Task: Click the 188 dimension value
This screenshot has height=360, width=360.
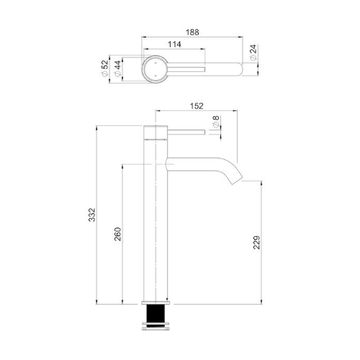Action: click(192, 32)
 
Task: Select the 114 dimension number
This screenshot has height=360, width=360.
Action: click(174, 45)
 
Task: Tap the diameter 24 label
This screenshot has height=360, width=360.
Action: click(253, 52)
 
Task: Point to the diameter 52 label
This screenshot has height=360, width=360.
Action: click(105, 68)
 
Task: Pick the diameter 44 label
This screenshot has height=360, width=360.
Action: click(118, 68)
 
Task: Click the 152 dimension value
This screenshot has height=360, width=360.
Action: click(197, 106)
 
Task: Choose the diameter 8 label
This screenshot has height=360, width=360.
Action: click(216, 122)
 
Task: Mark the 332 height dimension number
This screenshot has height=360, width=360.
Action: click(92, 215)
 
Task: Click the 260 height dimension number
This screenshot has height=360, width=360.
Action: click(118, 234)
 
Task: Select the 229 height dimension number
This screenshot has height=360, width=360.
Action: click(257, 243)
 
